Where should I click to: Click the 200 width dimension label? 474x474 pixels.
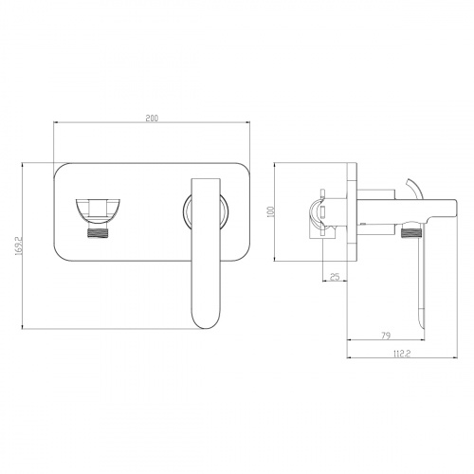(x=152, y=118)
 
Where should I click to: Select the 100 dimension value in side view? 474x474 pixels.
(x=270, y=211)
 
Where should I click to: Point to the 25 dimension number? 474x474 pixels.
(x=335, y=277)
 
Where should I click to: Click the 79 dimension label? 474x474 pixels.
(x=386, y=336)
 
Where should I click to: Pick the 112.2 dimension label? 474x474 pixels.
(x=402, y=354)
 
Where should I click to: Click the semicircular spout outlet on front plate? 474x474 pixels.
(x=99, y=209)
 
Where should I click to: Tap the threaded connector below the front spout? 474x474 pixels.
(x=99, y=233)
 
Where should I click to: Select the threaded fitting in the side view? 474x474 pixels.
(x=411, y=233)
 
